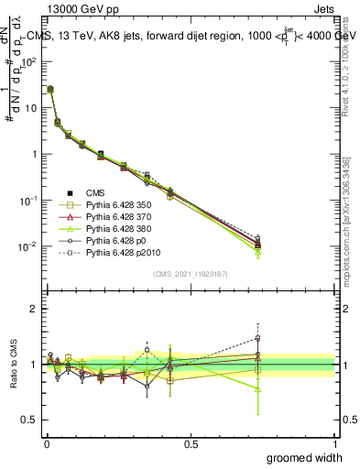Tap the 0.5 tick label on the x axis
190,444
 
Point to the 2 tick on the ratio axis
33,309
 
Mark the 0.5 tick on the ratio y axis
29,420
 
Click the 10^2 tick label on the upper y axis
28,61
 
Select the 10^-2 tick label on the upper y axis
28,246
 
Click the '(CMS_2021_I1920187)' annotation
190,274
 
